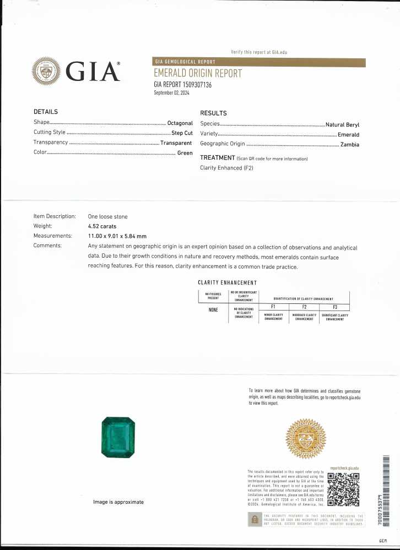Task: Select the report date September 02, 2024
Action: click(171, 93)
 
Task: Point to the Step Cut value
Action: click(181, 133)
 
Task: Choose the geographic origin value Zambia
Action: click(350, 144)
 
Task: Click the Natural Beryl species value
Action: click(342, 124)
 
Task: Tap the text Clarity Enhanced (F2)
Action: click(226, 168)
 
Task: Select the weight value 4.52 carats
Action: click(102, 226)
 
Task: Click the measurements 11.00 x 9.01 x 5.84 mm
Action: click(117, 236)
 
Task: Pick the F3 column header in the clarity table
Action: click(334, 307)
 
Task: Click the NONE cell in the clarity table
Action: click(213, 309)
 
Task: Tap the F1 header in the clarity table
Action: click(273, 307)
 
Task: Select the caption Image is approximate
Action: click(118, 502)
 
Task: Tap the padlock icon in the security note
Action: click(255, 519)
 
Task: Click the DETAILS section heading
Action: click(46, 112)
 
